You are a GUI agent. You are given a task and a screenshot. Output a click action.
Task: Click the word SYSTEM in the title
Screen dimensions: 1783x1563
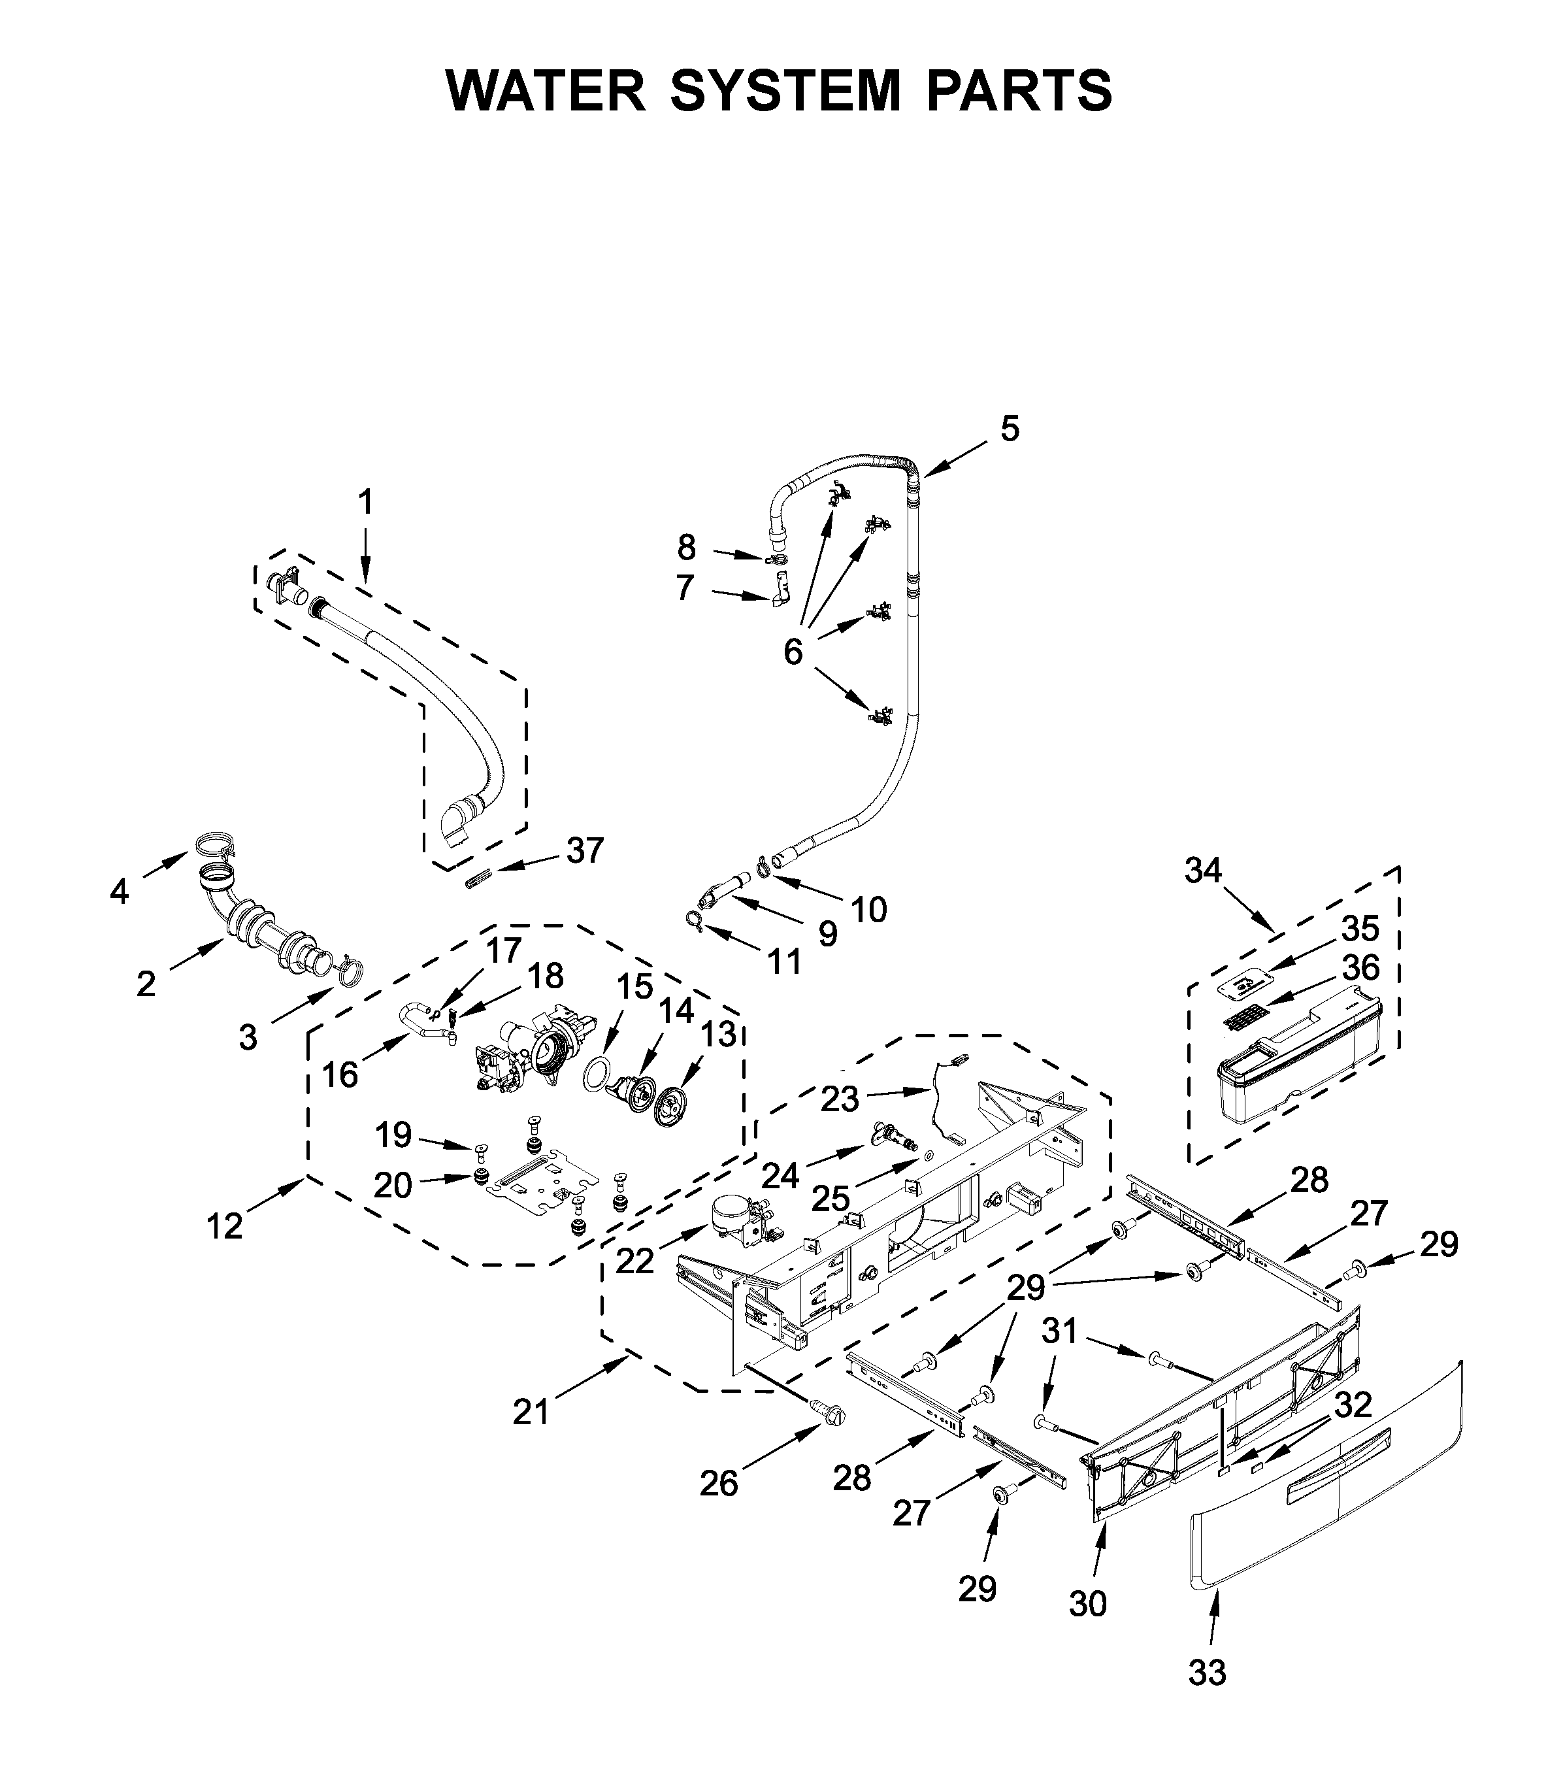tap(784, 91)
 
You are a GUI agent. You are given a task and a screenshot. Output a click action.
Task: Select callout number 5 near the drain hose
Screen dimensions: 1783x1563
tap(1009, 429)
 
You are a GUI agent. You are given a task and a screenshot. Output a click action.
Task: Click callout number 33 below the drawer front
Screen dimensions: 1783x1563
tap(1207, 1673)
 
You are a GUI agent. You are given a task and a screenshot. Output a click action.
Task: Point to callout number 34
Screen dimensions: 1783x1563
tap(1204, 870)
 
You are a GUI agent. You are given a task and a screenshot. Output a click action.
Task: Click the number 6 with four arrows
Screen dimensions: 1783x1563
tap(792, 651)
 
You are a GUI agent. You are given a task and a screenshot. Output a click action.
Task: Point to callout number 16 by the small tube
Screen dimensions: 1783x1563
tap(340, 1075)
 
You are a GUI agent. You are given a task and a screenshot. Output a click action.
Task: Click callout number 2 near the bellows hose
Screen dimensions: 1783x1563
tap(146, 983)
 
